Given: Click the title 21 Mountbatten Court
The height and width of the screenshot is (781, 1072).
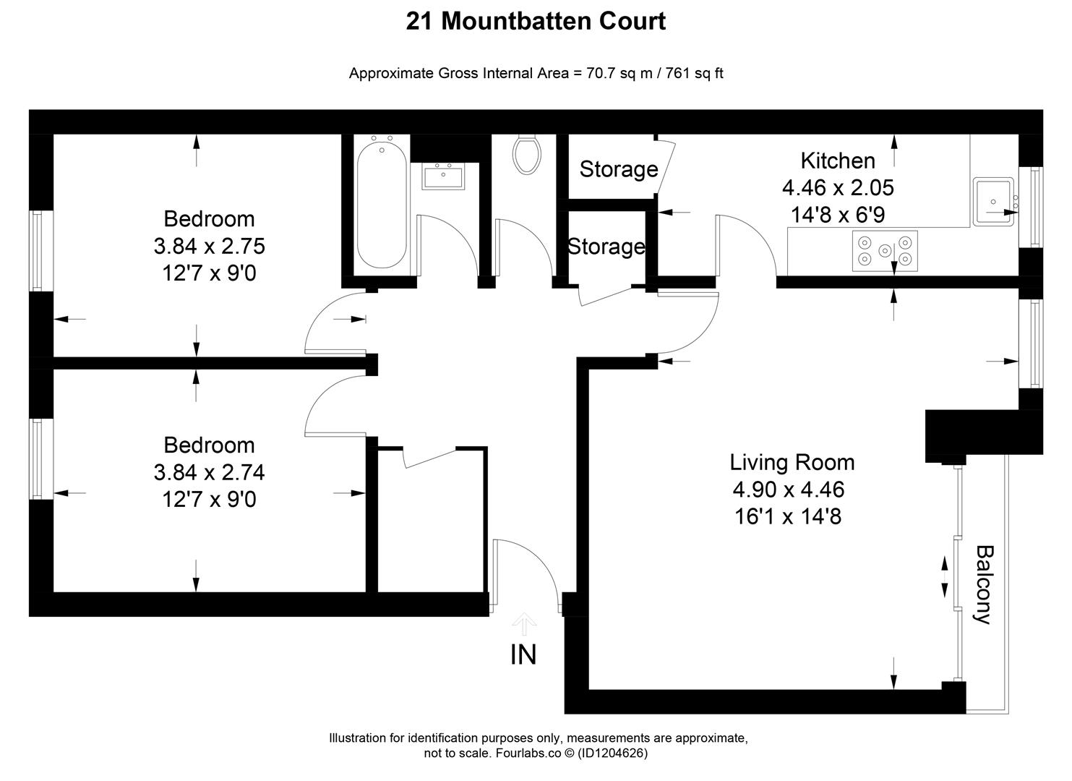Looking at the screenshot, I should [536, 21].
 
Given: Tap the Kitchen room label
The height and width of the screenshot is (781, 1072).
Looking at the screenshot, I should [837, 161].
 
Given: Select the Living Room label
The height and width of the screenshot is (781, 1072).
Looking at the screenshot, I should [792, 462].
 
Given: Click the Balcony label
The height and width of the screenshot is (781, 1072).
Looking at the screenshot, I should [983, 584].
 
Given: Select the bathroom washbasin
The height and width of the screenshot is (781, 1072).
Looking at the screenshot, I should [442, 176].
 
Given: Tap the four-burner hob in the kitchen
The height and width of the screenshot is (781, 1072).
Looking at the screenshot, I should [885, 251].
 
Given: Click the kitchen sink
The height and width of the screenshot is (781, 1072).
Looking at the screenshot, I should [995, 201].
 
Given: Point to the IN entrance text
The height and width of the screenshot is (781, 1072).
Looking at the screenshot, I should [523, 654].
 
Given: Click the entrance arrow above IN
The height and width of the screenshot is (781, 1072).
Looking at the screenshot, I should [524, 623].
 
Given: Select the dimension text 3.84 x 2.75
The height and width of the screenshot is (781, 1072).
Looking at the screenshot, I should [209, 247].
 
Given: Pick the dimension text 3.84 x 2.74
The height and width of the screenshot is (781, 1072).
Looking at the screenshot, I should [209, 472].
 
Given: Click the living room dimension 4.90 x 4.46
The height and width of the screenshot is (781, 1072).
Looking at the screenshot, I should [788, 490].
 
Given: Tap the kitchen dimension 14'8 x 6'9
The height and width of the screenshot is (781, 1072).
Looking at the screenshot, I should [838, 215].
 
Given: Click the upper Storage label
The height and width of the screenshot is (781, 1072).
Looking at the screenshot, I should [618, 169].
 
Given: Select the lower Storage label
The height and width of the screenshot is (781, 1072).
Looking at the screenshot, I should [606, 247].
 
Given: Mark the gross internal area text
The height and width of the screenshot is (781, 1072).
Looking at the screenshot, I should [536, 73].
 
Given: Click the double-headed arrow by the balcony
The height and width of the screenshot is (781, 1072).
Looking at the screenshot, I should [944, 576].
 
